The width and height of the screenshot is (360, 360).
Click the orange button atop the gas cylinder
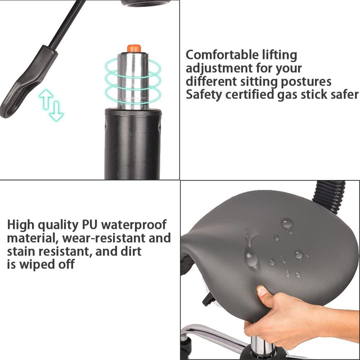(x=134, y=48)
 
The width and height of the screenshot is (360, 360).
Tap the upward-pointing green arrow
(x=46, y=99)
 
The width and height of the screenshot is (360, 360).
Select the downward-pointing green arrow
(x=56, y=111)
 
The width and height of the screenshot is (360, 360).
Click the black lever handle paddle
(x=27, y=82)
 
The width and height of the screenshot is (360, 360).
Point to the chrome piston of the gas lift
(x=133, y=81)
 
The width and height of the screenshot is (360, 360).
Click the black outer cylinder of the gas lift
(x=132, y=144)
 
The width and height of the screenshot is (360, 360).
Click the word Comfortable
(x=222, y=55)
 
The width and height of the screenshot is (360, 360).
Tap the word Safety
(x=204, y=95)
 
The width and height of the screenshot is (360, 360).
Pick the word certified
(x=249, y=94)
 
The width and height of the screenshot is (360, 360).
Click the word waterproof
(x=134, y=225)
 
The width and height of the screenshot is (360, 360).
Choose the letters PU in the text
(x=90, y=224)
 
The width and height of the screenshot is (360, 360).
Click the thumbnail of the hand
(x=261, y=290)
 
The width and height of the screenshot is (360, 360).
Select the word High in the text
(x=20, y=225)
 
